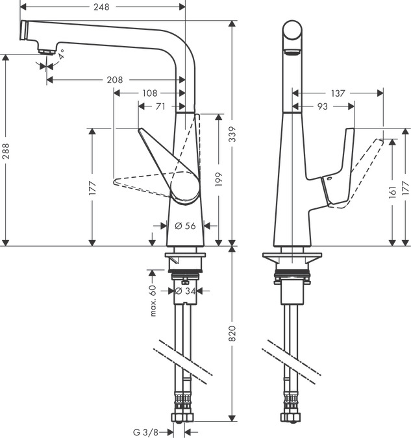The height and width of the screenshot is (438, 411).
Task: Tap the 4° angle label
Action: point(61,56)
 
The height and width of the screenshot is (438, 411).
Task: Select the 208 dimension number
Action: point(114,80)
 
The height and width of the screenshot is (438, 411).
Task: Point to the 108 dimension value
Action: point(149,93)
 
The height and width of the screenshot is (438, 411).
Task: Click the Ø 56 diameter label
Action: point(186,226)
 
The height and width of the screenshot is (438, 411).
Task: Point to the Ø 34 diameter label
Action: point(186,291)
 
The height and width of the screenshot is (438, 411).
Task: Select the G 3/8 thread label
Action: point(145,431)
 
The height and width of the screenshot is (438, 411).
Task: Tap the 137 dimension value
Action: point(338,93)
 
